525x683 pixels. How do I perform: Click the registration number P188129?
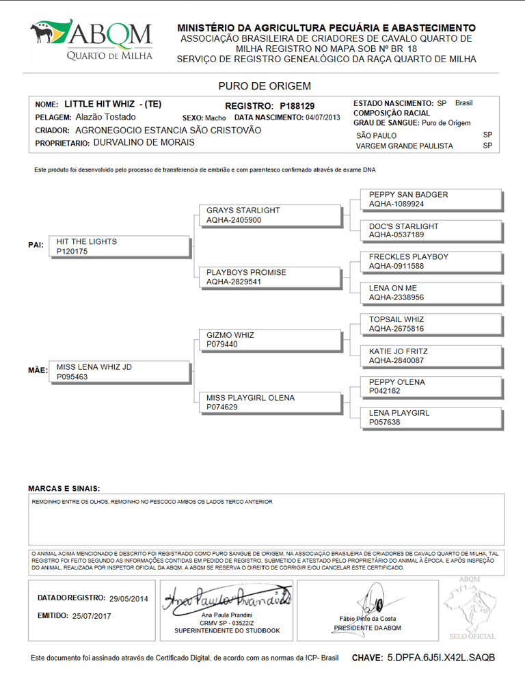tap(297, 106)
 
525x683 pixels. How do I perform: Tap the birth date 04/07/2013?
tap(323, 118)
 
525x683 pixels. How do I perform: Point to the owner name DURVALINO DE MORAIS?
tap(144, 143)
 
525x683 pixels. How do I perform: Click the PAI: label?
tap(36, 245)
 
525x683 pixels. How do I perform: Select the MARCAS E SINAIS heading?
tap(64, 489)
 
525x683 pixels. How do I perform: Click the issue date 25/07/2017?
tap(91, 616)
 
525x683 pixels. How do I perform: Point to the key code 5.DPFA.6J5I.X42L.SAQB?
tap(441, 658)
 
